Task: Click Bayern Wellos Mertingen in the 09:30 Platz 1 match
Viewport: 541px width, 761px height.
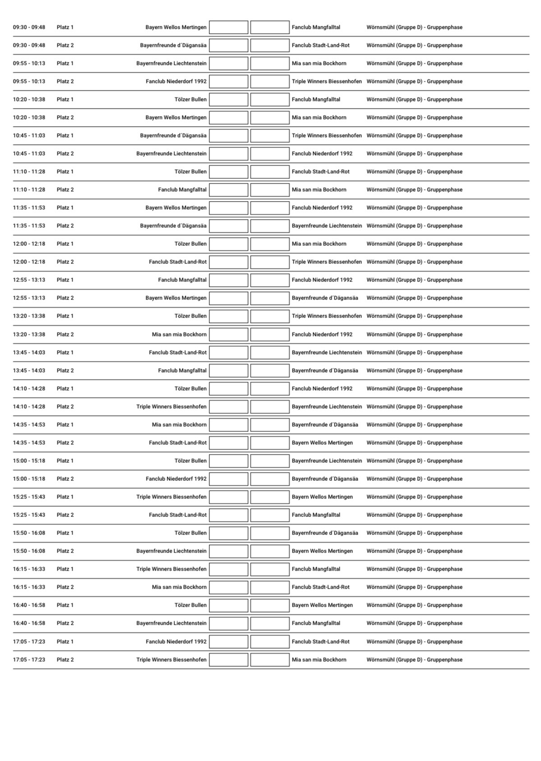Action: point(176,28)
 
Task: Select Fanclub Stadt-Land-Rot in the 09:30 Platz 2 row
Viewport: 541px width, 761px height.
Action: point(320,46)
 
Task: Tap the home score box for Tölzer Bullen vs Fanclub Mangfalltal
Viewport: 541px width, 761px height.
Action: point(228,100)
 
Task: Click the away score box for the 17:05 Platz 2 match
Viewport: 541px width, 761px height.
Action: point(270,660)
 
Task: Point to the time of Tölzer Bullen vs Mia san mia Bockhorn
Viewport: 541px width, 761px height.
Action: point(29,244)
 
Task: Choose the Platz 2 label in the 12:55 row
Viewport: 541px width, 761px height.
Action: point(65,298)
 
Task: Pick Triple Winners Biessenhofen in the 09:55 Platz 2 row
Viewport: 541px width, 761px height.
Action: point(327,82)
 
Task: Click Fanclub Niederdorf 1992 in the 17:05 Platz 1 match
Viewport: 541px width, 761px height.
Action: point(176,641)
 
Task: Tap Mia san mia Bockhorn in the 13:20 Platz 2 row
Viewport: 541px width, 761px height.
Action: point(179,335)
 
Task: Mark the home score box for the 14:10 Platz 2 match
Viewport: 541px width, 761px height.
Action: point(228,407)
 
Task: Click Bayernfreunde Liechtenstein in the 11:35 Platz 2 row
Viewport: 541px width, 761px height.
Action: point(327,226)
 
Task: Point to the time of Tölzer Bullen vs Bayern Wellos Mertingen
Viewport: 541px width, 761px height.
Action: point(29,605)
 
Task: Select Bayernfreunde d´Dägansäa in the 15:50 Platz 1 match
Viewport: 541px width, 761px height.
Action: point(325,533)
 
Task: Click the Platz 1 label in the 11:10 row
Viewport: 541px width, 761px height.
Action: point(65,172)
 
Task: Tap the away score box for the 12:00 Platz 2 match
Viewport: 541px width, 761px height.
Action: point(270,262)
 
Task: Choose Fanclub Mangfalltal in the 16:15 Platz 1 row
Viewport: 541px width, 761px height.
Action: point(316,569)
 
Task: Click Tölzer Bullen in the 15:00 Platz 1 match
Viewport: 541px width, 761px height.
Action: point(190,461)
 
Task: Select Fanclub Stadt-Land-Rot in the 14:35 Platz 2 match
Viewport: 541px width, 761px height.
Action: point(178,443)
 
